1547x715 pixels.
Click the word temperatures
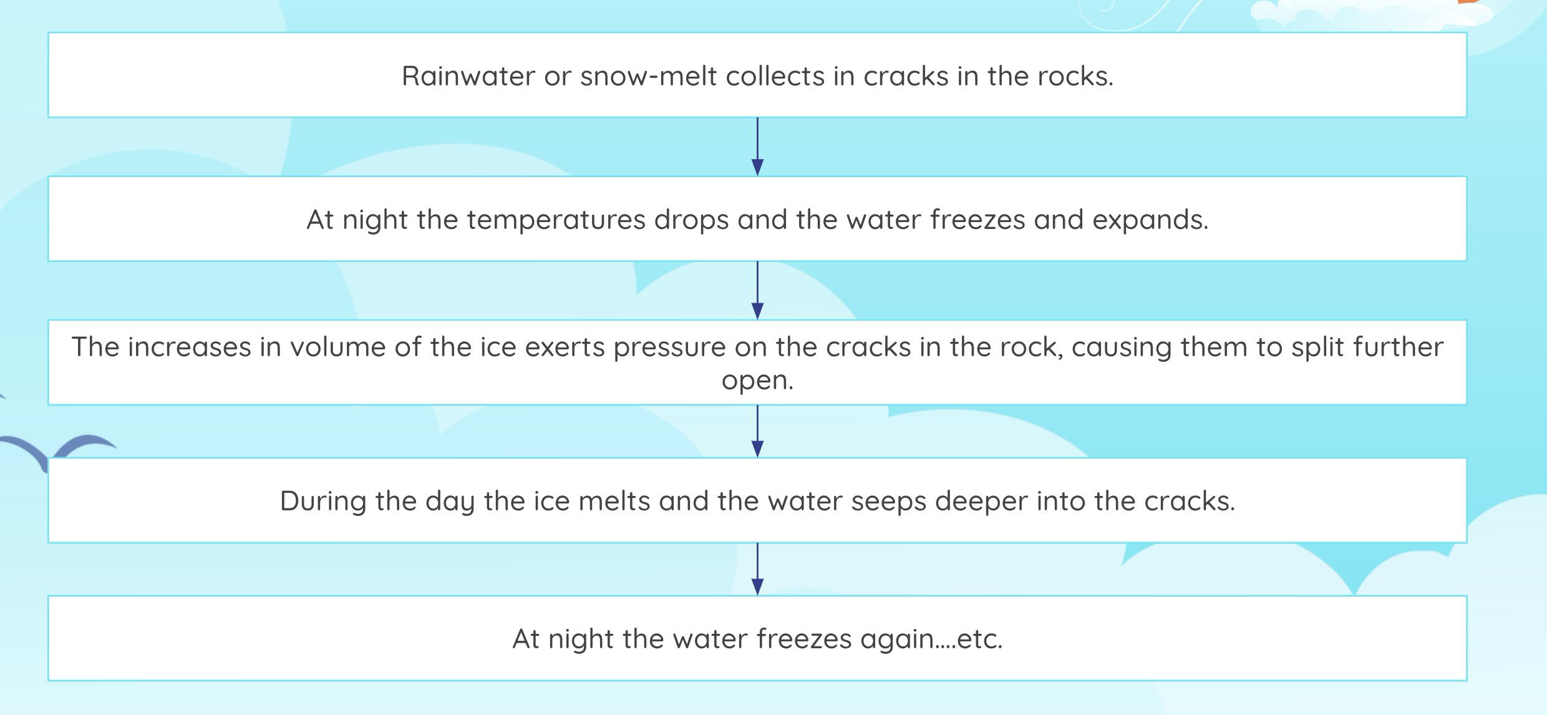tap(556, 220)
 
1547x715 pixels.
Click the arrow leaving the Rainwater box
tap(757, 147)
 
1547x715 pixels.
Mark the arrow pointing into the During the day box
tap(757, 431)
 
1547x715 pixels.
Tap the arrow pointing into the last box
tap(757, 569)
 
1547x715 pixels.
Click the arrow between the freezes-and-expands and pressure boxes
tap(757, 290)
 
